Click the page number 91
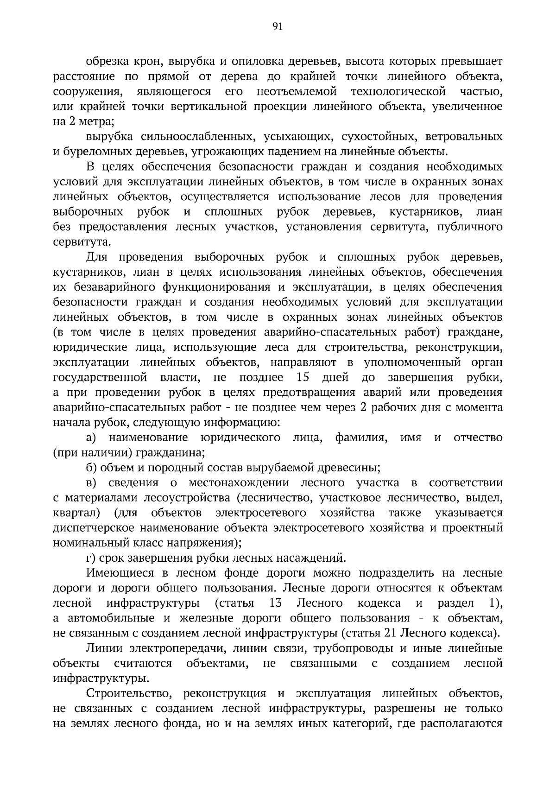pyautogui.click(x=278, y=27)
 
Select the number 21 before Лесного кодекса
pyautogui.click(x=390, y=633)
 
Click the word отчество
pyautogui.click(x=478, y=438)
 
